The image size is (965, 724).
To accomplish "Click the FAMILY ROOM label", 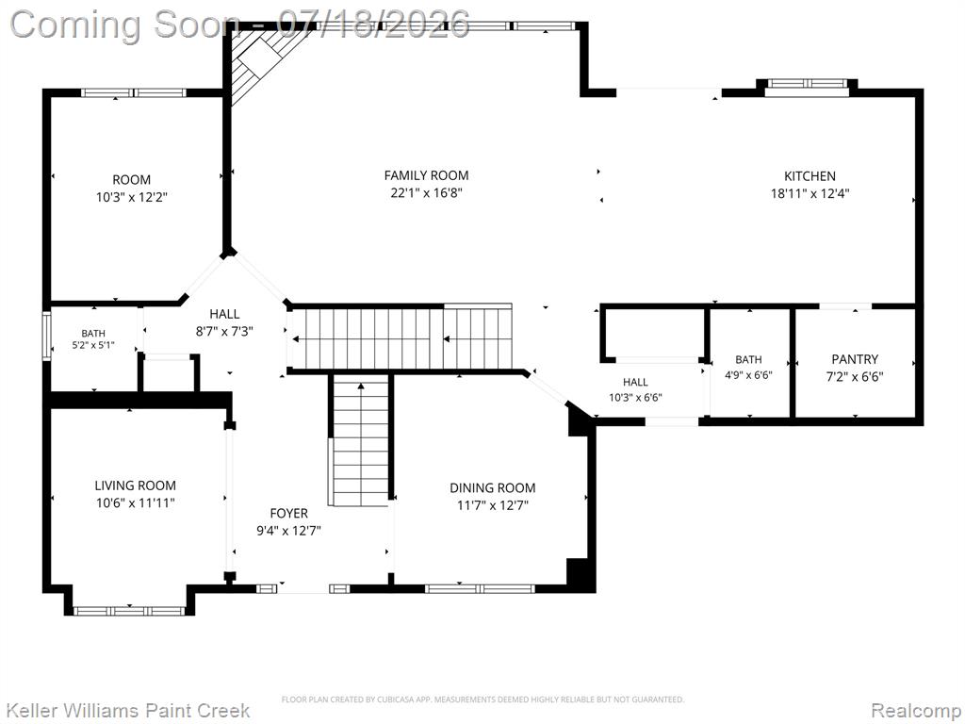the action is [426, 175].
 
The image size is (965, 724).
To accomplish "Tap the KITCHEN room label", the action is [810, 176].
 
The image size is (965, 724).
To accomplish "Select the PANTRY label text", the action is [854, 359].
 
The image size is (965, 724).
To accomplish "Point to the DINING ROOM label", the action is [492, 488].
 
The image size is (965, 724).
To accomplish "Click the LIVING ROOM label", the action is [136, 485].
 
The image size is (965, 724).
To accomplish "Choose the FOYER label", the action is [288, 514].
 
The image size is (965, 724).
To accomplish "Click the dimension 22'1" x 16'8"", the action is [426, 193].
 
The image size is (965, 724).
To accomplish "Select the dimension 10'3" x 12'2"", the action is [132, 198].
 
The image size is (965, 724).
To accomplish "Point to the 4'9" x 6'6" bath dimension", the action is [748, 375].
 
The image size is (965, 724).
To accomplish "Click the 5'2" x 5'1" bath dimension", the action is [93, 345].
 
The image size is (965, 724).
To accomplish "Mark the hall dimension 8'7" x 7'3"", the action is [224, 331].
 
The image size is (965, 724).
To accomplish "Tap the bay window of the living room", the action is [129, 611].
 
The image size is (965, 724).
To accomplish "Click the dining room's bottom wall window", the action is [480, 588].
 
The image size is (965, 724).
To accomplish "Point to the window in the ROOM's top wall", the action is [133, 93].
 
